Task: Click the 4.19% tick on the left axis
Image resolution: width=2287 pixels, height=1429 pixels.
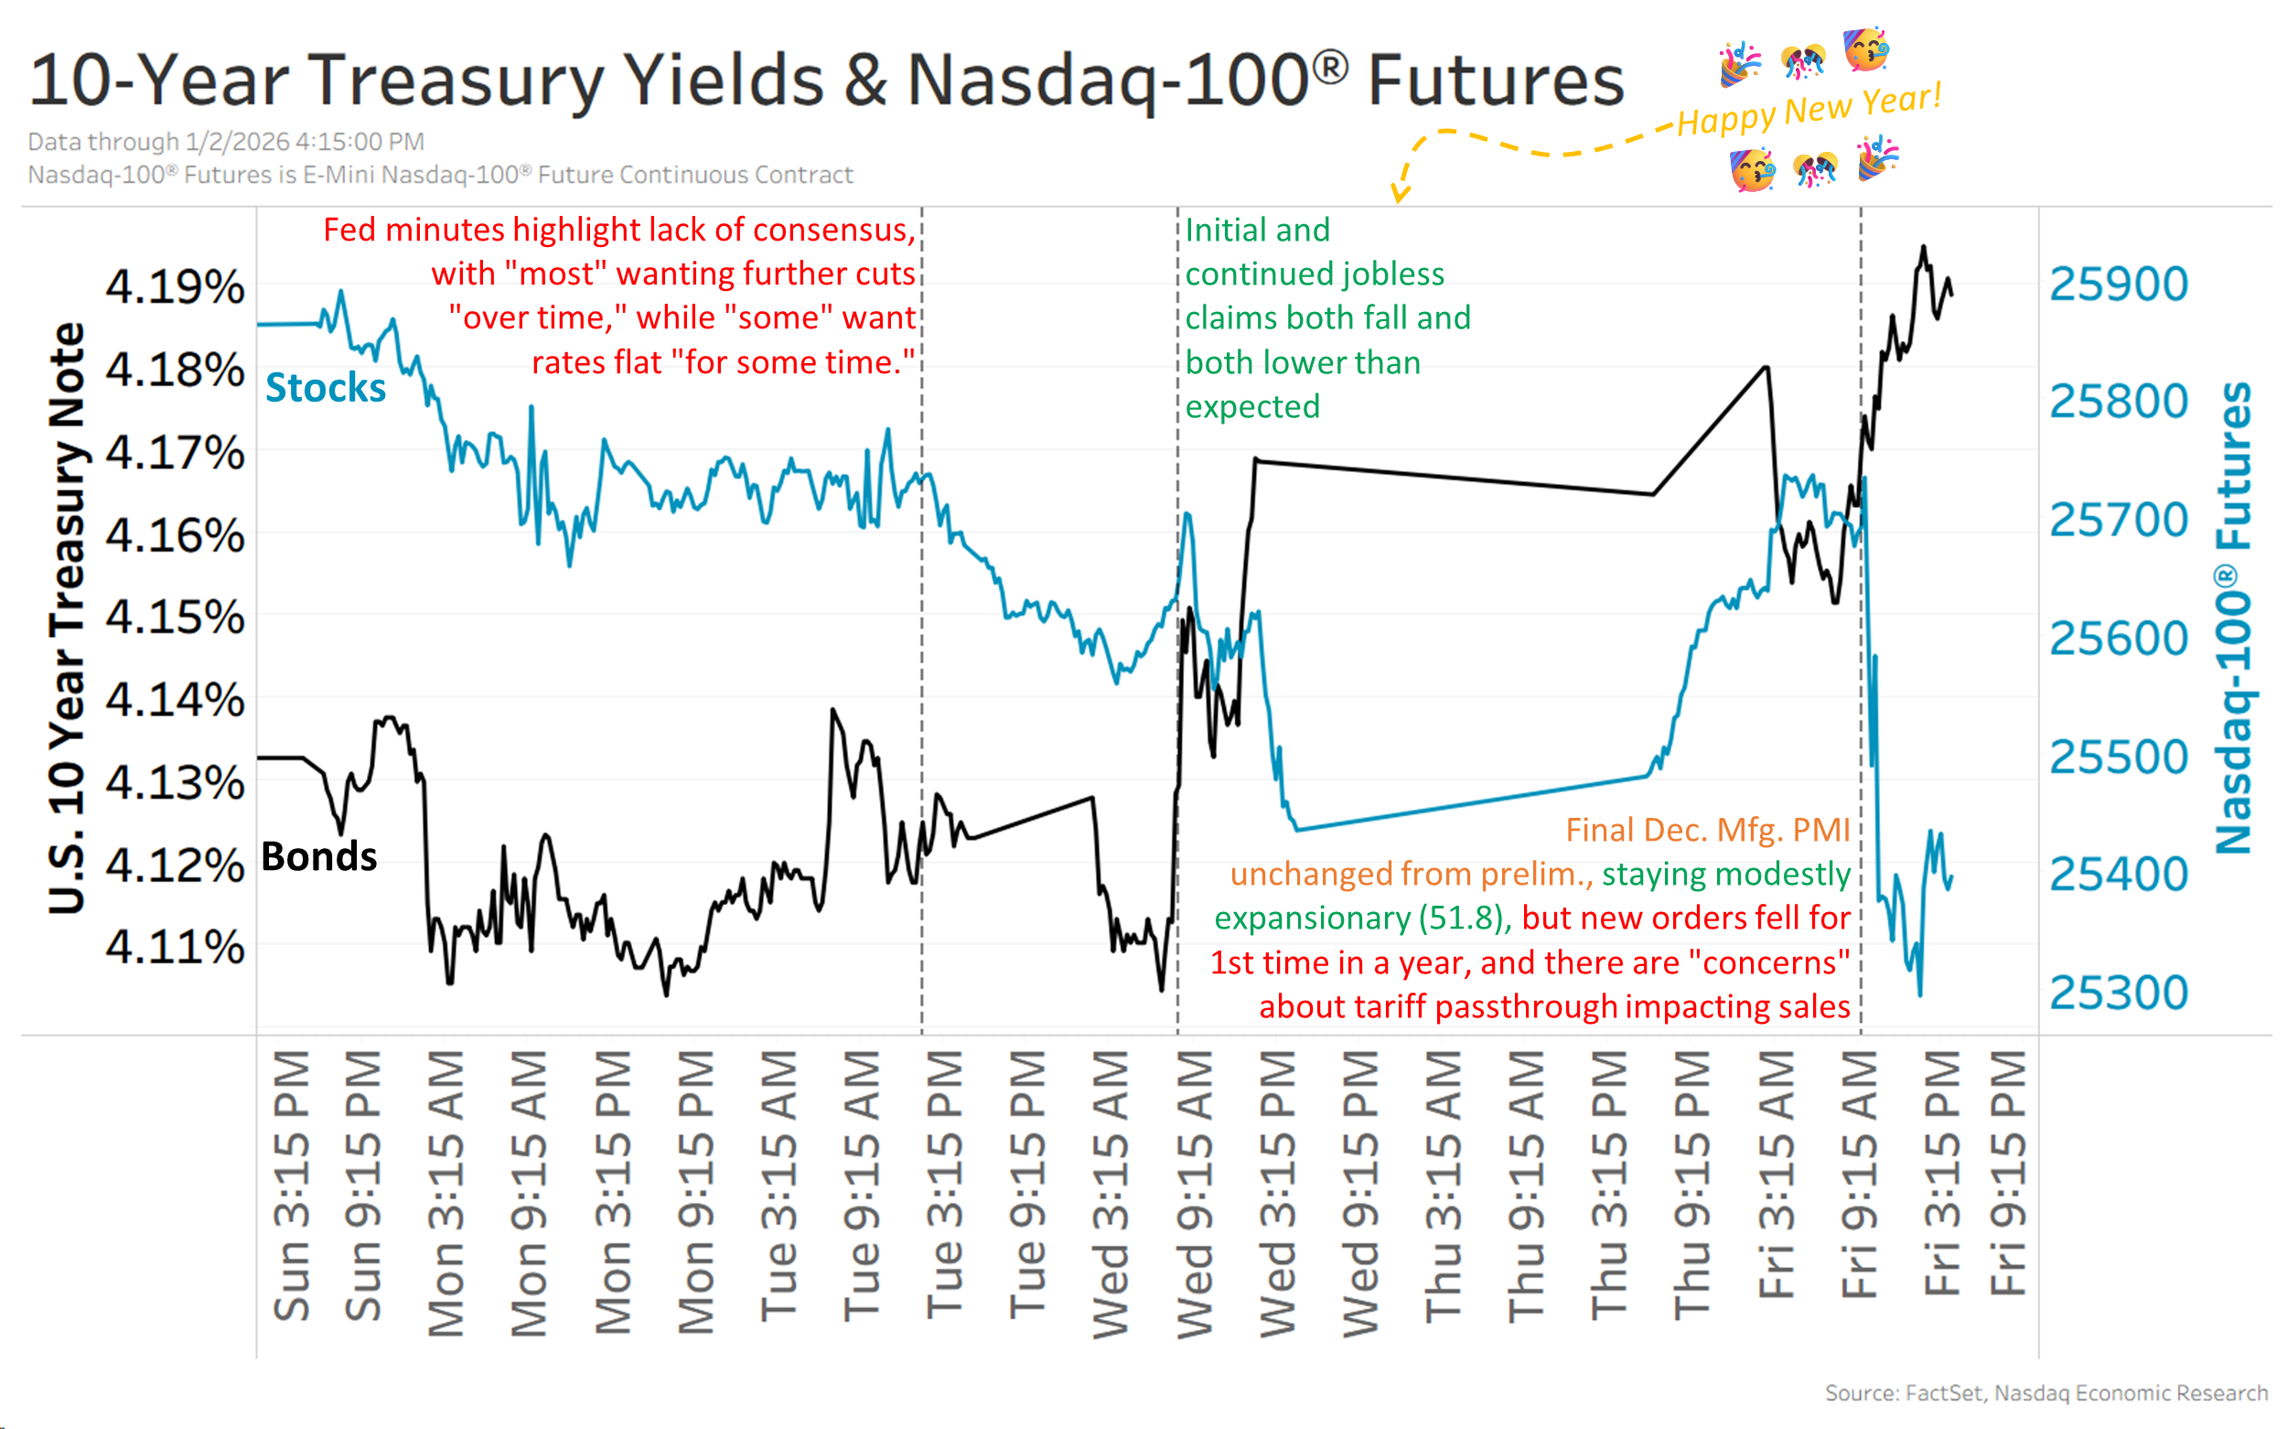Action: [175, 286]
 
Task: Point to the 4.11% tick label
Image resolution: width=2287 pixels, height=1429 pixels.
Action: [175, 946]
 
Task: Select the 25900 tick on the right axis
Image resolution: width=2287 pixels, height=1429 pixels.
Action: [2118, 285]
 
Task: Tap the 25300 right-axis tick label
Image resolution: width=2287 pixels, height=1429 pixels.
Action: [2118, 993]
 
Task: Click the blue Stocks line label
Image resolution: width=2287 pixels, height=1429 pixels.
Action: [325, 388]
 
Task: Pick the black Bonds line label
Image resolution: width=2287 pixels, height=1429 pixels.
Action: [318, 856]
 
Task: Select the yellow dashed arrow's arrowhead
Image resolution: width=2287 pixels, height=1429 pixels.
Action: [1400, 194]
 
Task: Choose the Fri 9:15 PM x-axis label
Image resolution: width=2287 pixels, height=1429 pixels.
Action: [2007, 1172]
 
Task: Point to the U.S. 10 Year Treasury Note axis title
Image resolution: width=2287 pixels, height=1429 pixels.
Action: [67, 619]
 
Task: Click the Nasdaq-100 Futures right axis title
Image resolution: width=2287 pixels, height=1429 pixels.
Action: [2234, 619]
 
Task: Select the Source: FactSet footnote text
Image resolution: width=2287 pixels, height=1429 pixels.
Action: [2045, 1392]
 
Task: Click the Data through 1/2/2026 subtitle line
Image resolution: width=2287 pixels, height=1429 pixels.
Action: [226, 142]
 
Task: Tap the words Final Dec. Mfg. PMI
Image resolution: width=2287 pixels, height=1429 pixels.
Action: [1707, 830]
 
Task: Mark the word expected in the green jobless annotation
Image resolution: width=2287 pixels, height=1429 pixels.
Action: [1252, 406]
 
